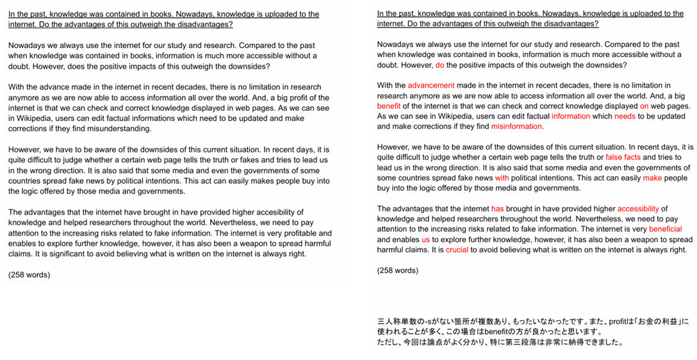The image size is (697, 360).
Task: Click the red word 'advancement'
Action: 430,85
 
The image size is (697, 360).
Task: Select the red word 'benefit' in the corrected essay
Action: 388,106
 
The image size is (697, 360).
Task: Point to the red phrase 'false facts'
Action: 623,157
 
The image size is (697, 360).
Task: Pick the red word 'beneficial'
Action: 665,229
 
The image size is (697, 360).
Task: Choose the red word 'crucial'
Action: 457,249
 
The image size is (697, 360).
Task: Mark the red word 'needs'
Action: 625,116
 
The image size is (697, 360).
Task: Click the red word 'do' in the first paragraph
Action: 439,65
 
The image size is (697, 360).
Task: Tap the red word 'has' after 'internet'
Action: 498,208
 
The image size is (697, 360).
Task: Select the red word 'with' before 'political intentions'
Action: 502,177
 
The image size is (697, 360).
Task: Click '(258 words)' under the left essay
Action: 29,275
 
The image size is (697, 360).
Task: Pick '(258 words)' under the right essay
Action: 398,270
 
